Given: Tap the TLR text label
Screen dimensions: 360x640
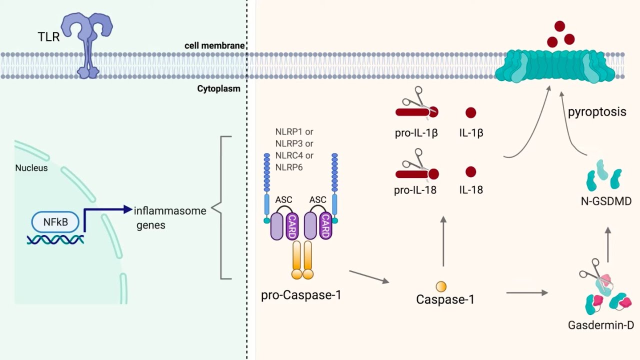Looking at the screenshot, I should coord(48,36).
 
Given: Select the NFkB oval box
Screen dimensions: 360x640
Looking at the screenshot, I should coord(55,222).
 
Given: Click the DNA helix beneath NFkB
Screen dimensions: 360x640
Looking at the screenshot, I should coord(55,240).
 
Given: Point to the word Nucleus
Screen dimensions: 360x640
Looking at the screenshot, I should coord(31,168).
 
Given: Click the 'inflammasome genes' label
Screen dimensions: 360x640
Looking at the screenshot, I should coord(169,217).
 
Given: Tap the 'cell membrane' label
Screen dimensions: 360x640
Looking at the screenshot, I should coord(214,45).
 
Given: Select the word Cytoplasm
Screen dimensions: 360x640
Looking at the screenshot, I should coord(218,88).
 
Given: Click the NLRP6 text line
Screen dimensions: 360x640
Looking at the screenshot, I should coord(289,167).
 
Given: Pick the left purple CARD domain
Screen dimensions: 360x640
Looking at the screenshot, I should coord(292,225).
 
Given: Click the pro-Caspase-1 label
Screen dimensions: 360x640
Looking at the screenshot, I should coord(301,295).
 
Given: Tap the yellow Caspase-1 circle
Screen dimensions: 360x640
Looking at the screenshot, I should coord(441,286).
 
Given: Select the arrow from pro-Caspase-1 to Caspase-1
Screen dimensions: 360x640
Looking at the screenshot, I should coord(369,277).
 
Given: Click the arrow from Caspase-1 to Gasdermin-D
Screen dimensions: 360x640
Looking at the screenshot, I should coord(527,292).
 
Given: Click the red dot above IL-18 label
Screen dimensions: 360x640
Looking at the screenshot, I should coord(470,172).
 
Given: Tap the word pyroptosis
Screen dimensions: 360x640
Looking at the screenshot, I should coord(597,111).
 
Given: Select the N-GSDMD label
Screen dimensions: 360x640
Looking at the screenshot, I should coord(606,201).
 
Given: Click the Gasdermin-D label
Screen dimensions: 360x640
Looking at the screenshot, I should coord(600,325).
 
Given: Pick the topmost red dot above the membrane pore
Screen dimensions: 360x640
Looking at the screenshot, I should coord(559,26).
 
